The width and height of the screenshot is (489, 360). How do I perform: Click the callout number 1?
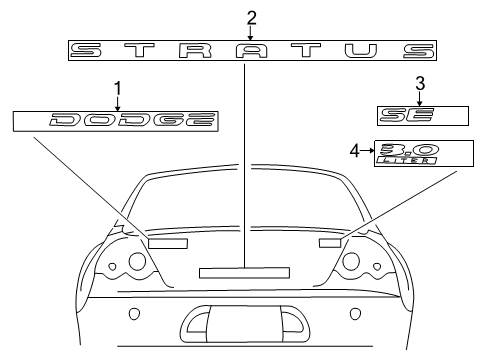(x=117, y=88)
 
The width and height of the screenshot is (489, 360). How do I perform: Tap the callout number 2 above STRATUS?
(x=251, y=17)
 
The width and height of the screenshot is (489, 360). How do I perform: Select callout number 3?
(x=421, y=82)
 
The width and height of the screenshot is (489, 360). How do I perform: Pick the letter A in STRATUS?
(x=250, y=51)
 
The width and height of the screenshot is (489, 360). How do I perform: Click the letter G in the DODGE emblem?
(x=165, y=121)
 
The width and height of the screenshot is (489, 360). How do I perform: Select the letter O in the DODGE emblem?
(x=97, y=121)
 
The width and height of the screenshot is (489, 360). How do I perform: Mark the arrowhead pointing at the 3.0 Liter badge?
(x=370, y=150)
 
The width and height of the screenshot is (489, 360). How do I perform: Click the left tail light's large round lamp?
(x=136, y=263)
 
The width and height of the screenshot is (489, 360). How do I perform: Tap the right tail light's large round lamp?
(x=352, y=263)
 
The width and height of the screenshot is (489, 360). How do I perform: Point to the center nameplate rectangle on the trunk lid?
(x=244, y=271)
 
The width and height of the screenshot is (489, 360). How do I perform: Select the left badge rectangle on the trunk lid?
(x=167, y=243)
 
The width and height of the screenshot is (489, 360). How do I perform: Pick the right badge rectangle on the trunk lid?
(x=329, y=242)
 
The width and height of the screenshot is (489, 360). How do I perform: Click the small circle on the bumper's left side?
(x=135, y=314)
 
